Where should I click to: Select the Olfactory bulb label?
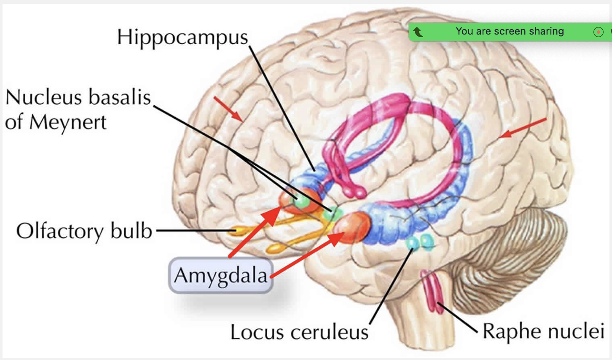84,231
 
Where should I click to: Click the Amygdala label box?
220,275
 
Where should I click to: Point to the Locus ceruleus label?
299,332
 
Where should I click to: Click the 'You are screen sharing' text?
510,31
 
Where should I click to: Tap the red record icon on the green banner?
598,32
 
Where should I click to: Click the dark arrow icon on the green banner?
418,32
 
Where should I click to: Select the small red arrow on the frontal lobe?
228,109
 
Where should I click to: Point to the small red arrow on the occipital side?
523,128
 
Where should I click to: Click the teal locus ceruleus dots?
420,242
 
